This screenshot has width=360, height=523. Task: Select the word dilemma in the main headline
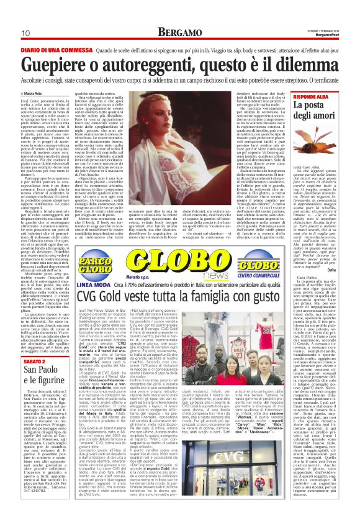(304, 65)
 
